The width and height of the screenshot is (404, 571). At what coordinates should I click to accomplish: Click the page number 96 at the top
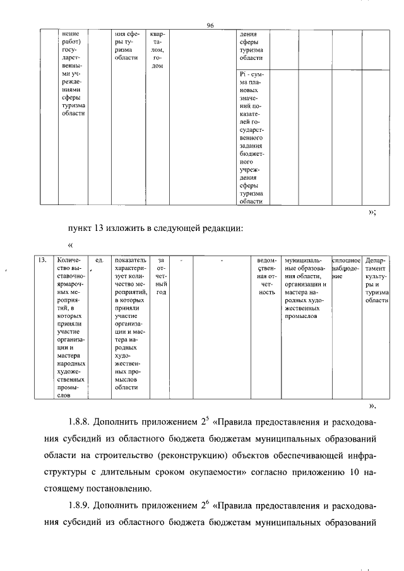click(211, 25)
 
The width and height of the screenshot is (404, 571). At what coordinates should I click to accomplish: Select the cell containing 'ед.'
click(98, 259)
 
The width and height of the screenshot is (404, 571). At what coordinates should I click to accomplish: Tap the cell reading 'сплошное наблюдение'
click(346, 268)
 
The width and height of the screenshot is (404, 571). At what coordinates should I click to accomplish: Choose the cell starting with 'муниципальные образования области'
click(305, 288)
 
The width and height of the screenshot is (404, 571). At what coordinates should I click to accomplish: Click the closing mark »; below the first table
click(372, 213)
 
